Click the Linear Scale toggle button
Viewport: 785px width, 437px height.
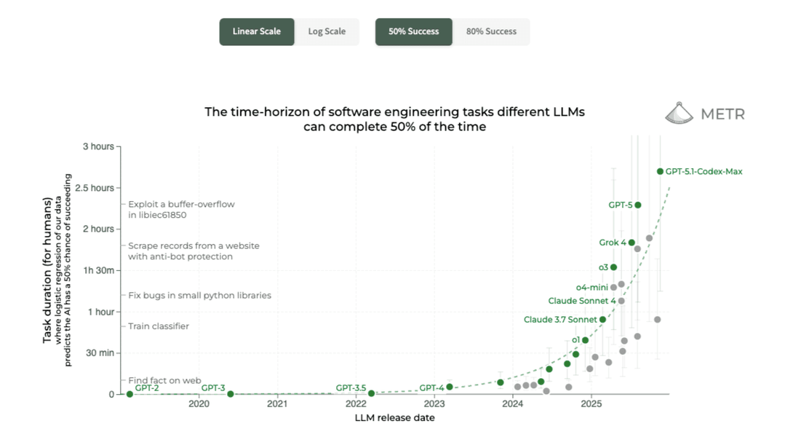(257, 32)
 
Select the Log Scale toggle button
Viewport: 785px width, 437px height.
(327, 32)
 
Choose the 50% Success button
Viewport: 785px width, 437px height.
(413, 32)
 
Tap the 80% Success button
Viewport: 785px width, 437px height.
(491, 32)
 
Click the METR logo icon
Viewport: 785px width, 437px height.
(679, 113)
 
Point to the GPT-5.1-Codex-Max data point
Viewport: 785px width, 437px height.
(660, 171)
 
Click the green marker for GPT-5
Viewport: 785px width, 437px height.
(638, 205)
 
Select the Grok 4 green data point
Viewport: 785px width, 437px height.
(631, 243)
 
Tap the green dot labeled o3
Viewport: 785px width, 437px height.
(613, 267)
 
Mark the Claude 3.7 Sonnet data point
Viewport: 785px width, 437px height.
(602, 319)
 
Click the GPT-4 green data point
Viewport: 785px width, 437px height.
(450, 387)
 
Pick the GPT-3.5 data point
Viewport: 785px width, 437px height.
(371, 393)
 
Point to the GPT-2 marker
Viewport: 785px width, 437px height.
(129, 394)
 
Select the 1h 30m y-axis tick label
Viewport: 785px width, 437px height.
(97, 270)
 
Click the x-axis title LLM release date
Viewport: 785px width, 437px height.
(394, 418)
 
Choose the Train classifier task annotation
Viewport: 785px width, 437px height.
(159, 326)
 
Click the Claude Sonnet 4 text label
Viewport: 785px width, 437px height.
(582, 301)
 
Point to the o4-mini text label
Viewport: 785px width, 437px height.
(591, 287)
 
